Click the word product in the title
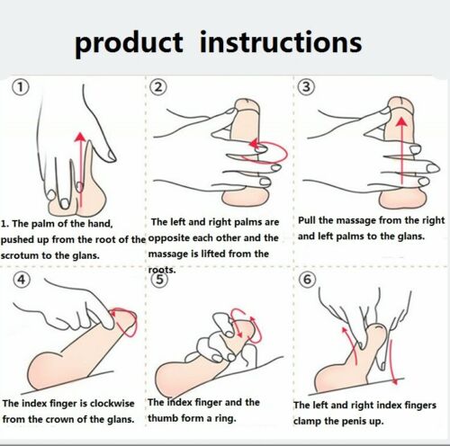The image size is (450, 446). (x=129, y=44)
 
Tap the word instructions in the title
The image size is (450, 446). (x=281, y=42)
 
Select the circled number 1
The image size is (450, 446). (x=21, y=87)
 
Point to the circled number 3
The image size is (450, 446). (x=306, y=87)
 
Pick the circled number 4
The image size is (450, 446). (x=22, y=280)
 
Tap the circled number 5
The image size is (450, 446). (x=159, y=280)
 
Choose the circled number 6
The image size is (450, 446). (x=308, y=280)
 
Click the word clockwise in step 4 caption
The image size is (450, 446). (x=112, y=403)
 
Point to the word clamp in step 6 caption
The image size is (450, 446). (x=307, y=421)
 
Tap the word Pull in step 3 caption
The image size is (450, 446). (x=307, y=220)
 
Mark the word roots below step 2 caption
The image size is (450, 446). (x=161, y=270)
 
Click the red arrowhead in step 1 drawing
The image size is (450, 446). (x=80, y=137)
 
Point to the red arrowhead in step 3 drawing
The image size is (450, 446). (x=401, y=121)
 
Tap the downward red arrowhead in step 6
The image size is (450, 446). (x=395, y=381)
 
